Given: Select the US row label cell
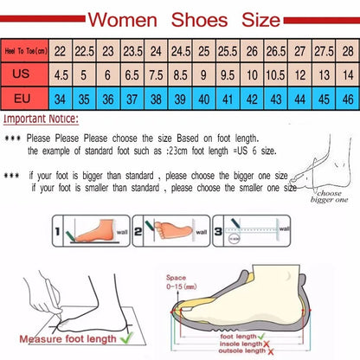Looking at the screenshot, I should pyautogui.click(x=23, y=74).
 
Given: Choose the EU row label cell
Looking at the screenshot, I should pyautogui.click(x=23, y=98).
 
